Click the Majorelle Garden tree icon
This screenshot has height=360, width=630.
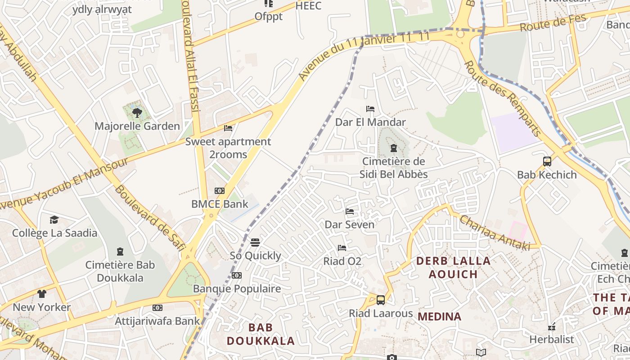137,112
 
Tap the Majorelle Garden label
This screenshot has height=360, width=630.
137,126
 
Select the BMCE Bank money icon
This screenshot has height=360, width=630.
219,191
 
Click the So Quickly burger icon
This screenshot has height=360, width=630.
255,243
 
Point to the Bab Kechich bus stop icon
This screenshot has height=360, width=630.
547,162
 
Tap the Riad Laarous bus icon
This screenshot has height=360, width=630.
381,300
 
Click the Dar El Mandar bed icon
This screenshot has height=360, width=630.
370,109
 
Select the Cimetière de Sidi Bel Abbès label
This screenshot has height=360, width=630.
393,168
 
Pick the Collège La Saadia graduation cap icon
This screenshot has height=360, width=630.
54,220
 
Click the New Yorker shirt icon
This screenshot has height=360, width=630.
42,294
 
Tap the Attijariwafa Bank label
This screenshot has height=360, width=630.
157,321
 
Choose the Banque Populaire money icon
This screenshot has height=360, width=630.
237,275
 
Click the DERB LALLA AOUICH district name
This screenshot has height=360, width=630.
453,267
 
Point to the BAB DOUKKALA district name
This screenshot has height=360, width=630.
261,334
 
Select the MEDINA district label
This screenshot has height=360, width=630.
439,316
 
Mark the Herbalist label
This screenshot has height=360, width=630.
552,339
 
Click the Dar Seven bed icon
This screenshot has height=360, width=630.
350,211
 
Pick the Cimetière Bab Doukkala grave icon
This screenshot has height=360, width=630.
120,252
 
